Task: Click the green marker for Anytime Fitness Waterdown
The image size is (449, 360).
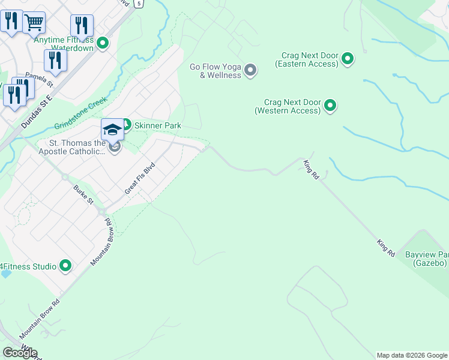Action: pyautogui.click(x=103, y=43)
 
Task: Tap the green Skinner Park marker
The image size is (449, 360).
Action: pyautogui.click(x=127, y=125)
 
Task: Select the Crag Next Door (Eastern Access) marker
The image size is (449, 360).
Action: pyautogui.click(x=348, y=59)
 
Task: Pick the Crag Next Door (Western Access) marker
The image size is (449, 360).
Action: pyautogui.click(x=330, y=106)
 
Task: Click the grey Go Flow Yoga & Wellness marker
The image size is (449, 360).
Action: pyautogui.click(x=250, y=71)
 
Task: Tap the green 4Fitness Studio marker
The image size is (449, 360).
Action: pyautogui.click(x=65, y=266)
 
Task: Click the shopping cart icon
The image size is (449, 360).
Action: pyautogui.click(x=34, y=23)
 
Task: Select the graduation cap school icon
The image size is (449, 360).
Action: pyautogui.click(x=112, y=130)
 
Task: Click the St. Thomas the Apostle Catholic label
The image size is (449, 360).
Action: pyautogui.click(x=73, y=147)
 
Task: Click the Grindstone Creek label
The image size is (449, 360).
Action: pyautogui.click(x=80, y=113)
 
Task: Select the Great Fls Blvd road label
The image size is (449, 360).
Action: pyautogui.click(x=140, y=178)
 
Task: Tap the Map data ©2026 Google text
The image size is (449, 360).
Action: pyautogui.click(x=411, y=355)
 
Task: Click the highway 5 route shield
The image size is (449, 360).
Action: pyautogui.click(x=139, y=4)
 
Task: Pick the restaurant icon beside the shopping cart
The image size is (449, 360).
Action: pyautogui.click(x=11, y=22)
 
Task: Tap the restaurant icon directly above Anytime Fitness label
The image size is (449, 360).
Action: pyautogui.click(x=82, y=25)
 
